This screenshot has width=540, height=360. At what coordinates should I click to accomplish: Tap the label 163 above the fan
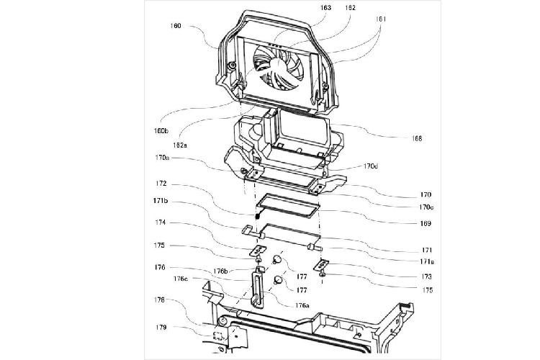point(326,8)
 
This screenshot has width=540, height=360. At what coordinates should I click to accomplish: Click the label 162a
point(175,145)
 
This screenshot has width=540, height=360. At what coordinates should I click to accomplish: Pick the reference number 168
point(418,138)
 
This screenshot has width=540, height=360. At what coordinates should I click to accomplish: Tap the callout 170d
point(370,166)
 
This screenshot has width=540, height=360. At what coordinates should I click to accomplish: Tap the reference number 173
point(426,276)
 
